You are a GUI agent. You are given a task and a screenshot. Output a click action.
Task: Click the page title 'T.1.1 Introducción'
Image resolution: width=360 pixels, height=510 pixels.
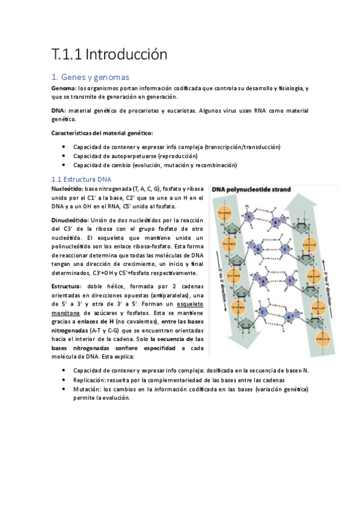(x=108, y=55)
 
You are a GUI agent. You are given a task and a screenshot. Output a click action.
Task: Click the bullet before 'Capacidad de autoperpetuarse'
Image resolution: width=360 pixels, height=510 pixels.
(x=64, y=156)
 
